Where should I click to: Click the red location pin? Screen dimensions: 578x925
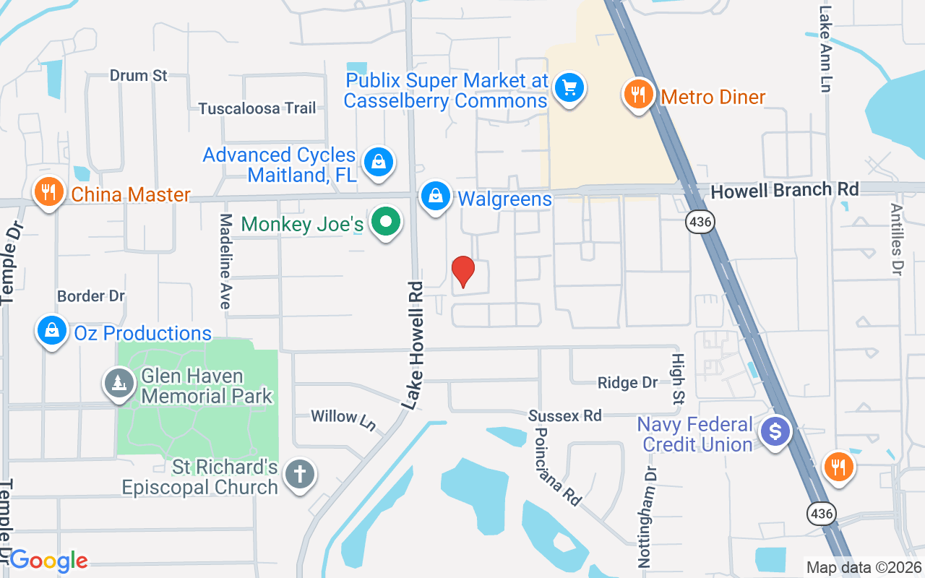[x=462, y=272]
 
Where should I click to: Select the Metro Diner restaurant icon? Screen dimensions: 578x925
[x=637, y=95]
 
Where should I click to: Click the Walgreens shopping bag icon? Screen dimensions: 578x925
[x=436, y=196]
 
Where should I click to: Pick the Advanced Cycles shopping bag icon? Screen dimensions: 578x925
[x=378, y=163]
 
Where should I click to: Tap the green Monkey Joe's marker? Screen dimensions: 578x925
[x=387, y=222]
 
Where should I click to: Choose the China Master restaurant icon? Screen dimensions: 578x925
[x=48, y=192]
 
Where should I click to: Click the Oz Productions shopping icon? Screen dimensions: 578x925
[x=51, y=331]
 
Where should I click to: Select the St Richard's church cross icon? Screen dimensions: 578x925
[x=299, y=475]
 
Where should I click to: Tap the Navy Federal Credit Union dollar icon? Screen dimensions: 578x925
[x=775, y=432]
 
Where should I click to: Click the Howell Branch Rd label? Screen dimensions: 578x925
[x=785, y=190]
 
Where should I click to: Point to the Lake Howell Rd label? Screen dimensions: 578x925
[x=413, y=345]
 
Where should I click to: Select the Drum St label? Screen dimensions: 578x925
[x=139, y=75]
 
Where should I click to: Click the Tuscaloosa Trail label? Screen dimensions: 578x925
[x=257, y=108]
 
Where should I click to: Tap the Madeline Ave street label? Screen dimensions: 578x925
[x=225, y=262]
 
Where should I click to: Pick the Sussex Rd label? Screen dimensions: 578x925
[x=564, y=415]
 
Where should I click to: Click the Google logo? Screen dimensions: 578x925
[x=48, y=560]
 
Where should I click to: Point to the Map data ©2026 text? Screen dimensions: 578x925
[x=864, y=567]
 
